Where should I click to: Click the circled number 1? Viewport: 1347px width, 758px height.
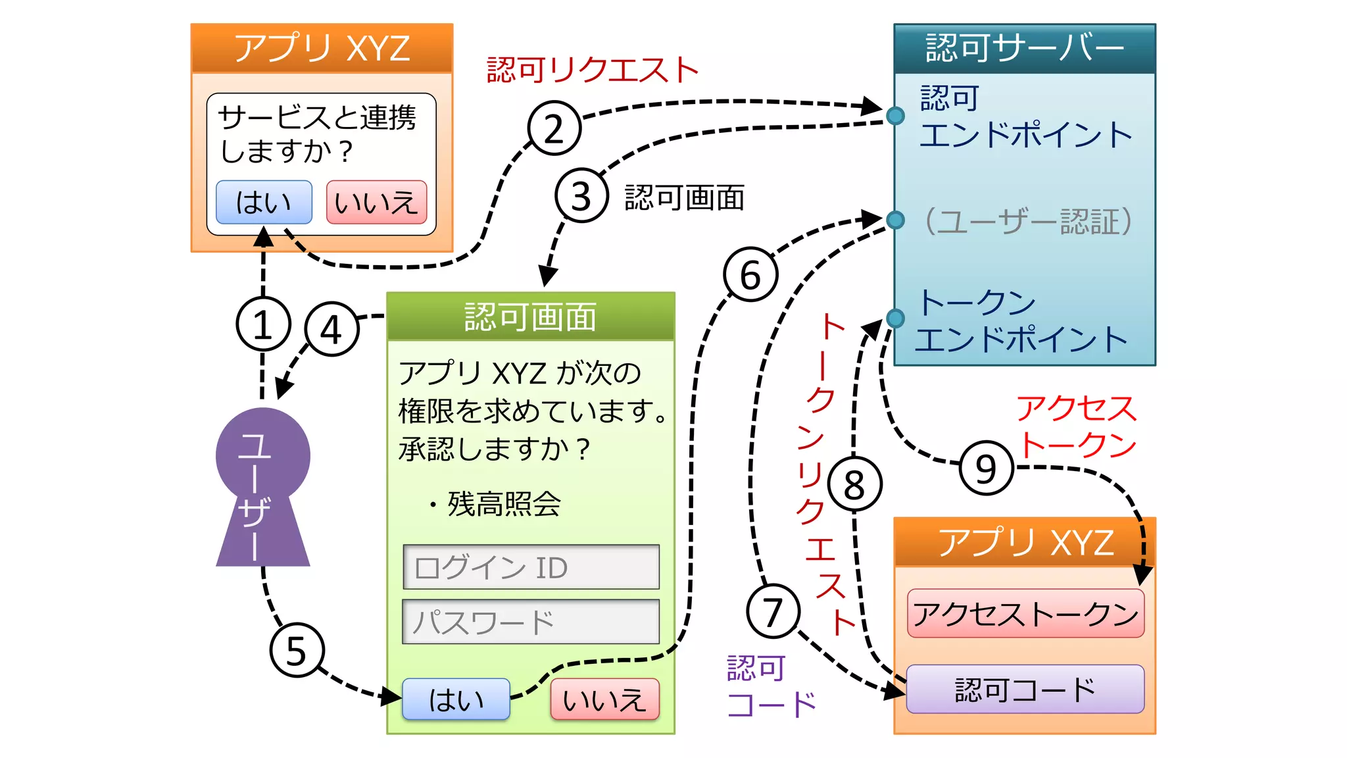pos(263,324)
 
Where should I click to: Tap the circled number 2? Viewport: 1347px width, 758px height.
pos(554,128)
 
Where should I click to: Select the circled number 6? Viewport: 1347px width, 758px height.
pos(750,274)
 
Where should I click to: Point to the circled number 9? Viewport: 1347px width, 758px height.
pos(986,468)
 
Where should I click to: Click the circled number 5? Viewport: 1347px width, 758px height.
pos(297,650)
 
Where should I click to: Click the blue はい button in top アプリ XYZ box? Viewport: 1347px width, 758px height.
pos(264,202)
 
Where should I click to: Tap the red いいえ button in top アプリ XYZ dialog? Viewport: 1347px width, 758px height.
pos(376,202)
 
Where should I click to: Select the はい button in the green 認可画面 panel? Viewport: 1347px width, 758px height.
pos(456,699)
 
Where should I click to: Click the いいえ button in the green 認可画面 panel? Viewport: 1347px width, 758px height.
pos(604,699)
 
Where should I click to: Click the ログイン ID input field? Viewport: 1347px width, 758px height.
pos(531,567)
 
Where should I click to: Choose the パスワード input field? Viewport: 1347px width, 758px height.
pos(531,621)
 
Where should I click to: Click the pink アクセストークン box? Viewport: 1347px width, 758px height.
pos(1025,613)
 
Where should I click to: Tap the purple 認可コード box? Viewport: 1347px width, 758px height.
pos(1025,689)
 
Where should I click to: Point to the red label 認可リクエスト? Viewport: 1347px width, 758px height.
pos(592,70)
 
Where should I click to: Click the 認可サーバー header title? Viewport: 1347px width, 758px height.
pos(1024,48)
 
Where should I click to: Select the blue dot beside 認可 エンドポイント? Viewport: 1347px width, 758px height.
pos(895,116)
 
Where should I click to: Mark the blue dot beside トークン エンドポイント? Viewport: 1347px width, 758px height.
pos(895,318)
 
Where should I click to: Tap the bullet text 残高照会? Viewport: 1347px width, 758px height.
pos(503,504)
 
